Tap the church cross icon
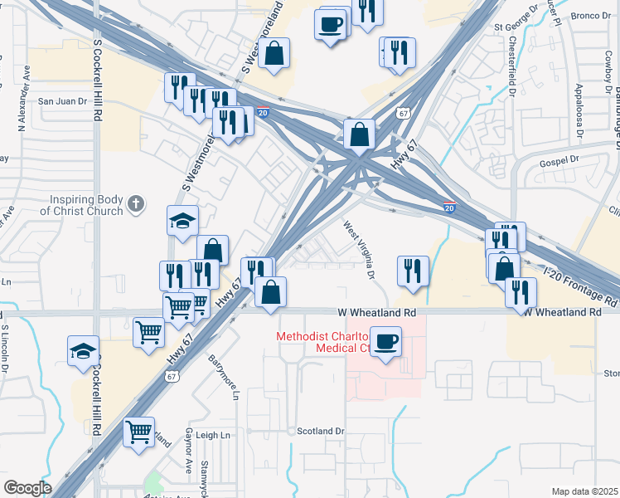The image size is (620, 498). tap(137, 202)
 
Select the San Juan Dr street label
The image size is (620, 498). tap(63, 101)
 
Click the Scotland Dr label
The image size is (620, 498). tap(320, 431)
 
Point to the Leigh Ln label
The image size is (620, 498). tap(212, 435)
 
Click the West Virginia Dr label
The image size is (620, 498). tap(361, 247)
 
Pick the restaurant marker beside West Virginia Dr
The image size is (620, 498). tap(412, 270)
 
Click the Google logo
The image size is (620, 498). tap(27, 487)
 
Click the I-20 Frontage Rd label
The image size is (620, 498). tap(580, 285)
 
